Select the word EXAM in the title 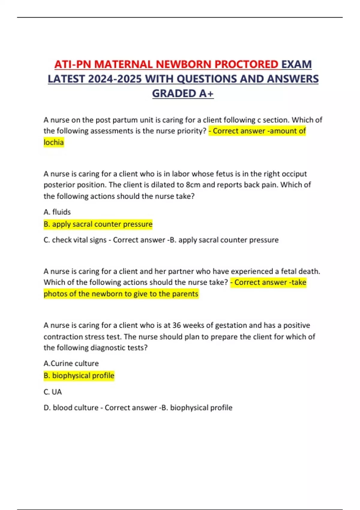tap(296, 64)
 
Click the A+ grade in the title tap(206, 94)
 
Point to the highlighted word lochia tap(54, 142)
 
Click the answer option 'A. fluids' tap(57, 212)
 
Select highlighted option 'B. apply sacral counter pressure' tap(98, 224)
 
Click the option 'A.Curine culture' tap(71, 364)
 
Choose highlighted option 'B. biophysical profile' tap(79, 376)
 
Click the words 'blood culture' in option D tap(75, 408)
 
